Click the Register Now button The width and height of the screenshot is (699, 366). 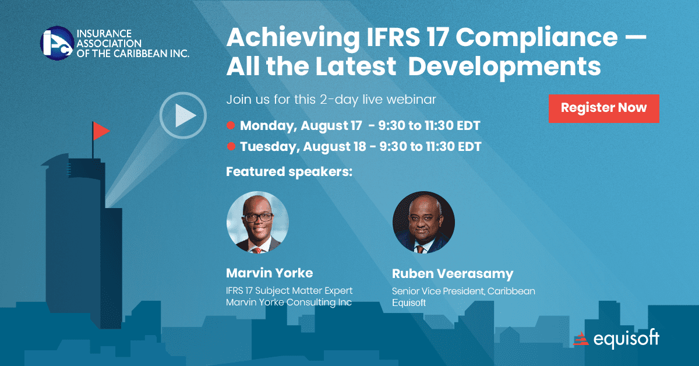(x=604, y=108)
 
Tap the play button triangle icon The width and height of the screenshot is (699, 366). (x=185, y=115)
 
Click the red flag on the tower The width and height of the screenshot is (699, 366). (x=101, y=131)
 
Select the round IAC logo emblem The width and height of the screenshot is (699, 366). (x=57, y=43)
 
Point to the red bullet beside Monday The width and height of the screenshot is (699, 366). (x=231, y=125)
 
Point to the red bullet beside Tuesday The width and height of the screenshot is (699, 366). (x=231, y=146)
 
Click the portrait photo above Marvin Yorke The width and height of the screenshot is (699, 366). (x=257, y=222)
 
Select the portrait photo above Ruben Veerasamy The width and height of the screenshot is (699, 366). (x=423, y=222)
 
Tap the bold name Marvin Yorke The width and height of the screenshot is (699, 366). (x=269, y=273)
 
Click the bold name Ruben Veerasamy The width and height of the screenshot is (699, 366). (x=453, y=273)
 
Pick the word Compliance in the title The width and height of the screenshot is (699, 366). (x=536, y=38)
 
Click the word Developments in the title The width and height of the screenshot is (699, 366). (x=504, y=67)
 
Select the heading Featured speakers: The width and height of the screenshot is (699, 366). (x=290, y=171)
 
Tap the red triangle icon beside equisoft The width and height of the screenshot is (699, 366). (x=581, y=339)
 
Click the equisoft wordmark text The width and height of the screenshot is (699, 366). (x=626, y=339)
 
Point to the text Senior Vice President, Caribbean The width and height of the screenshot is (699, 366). (x=464, y=291)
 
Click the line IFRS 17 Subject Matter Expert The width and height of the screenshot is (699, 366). (x=290, y=290)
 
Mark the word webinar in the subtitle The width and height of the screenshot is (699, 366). (x=411, y=99)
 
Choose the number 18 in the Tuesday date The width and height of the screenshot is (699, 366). (x=360, y=146)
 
